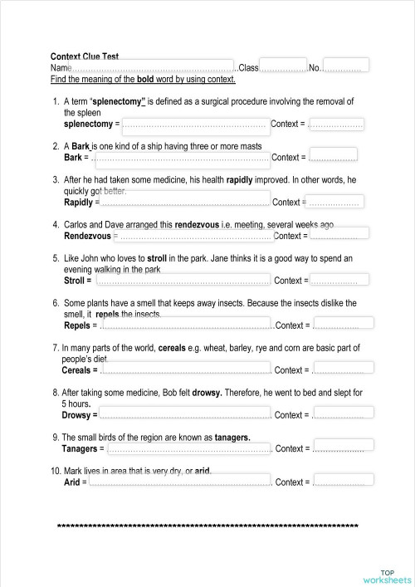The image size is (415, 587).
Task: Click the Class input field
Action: [283, 66]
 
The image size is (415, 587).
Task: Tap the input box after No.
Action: [345, 66]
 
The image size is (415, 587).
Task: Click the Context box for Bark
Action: [334, 155]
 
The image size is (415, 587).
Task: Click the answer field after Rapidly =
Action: [184, 199]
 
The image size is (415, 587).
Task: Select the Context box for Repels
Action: [336, 324]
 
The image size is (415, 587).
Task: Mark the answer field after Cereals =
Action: [184, 368]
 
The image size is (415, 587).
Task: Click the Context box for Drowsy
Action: [338, 413]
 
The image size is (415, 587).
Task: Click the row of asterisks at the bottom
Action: [207, 526]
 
